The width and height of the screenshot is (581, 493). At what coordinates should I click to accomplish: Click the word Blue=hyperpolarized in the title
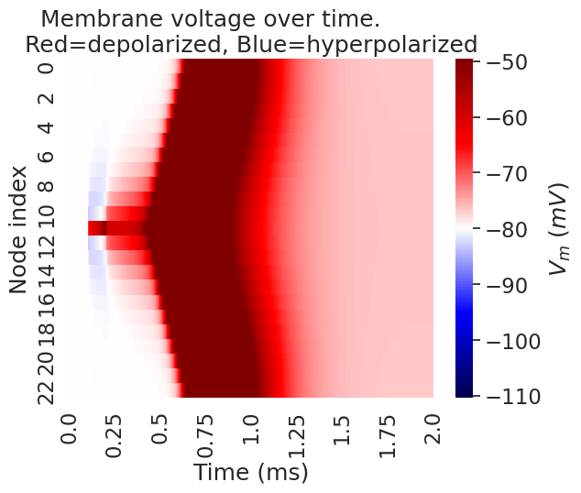click(368, 44)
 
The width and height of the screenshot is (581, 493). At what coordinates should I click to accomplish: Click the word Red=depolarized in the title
click(131, 44)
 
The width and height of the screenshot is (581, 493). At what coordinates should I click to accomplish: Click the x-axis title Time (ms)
click(250, 473)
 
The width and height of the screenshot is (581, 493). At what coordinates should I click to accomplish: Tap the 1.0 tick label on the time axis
click(250, 431)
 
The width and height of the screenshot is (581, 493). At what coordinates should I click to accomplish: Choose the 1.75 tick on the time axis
click(388, 431)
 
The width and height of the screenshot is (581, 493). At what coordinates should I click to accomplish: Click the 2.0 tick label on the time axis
click(433, 431)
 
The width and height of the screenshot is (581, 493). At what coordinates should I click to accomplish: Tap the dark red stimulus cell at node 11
click(96, 228)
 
